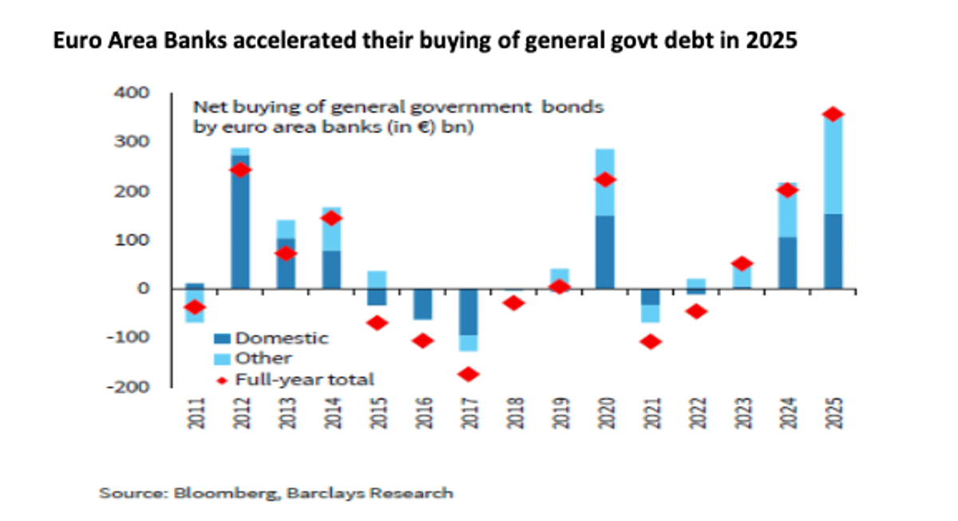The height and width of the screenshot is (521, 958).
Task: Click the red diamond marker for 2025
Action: pyautogui.click(x=833, y=115)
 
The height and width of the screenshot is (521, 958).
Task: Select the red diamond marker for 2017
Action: pyautogui.click(x=468, y=374)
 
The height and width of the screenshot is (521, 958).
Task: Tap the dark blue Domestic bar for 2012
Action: pyautogui.click(x=240, y=231)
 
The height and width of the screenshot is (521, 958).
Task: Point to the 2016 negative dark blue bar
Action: pyautogui.click(x=422, y=304)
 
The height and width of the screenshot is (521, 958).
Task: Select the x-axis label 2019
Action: pyautogui.click(x=560, y=413)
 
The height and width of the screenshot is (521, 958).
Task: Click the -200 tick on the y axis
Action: pyautogui.click(x=132, y=386)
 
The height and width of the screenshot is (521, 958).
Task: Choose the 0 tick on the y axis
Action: pyautogui.click(x=144, y=289)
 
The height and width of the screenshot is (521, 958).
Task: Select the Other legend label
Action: pyautogui.click(x=263, y=358)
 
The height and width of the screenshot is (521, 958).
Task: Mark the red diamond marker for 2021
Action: pyautogui.click(x=651, y=341)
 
